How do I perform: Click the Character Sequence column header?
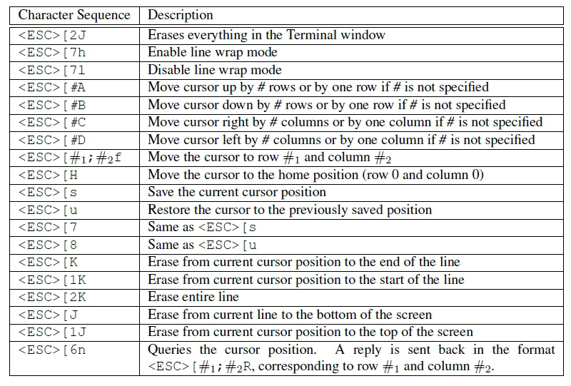74,15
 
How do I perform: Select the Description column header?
181,15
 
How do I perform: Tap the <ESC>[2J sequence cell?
52,35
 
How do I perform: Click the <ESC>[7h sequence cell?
52,52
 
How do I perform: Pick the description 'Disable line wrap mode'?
215,69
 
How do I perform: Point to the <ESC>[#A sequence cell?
52,87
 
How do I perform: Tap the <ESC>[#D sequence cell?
52,140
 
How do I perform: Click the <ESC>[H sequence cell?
48,175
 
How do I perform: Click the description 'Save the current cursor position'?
237,192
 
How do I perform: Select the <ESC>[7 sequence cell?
48,228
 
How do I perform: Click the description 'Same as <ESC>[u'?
202,245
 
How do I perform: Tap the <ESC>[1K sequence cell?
52,280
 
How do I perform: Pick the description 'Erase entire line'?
193,297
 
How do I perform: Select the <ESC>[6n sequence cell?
52,350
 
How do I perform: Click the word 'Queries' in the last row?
169,350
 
